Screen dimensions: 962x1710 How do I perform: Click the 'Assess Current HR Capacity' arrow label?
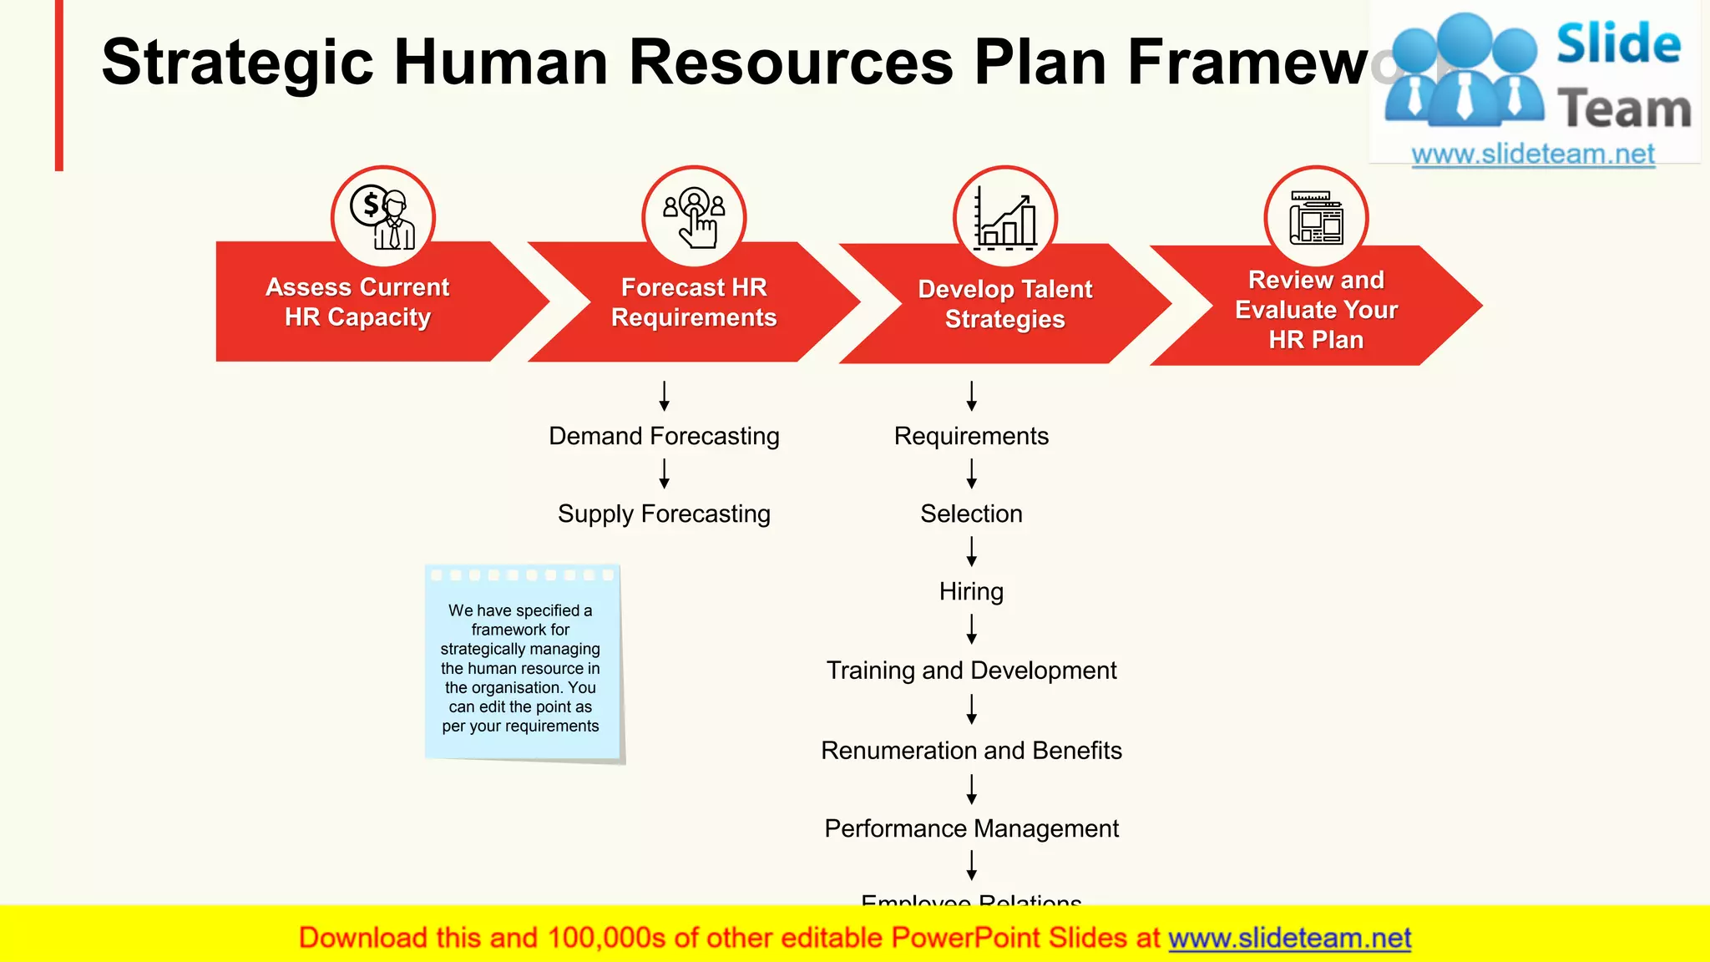(x=357, y=302)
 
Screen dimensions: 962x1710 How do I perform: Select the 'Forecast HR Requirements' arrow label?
(x=694, y=302)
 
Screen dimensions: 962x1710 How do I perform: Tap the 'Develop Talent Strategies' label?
(x=1004, y=304)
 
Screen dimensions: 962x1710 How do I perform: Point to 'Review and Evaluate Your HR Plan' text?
(x=1316, y=310)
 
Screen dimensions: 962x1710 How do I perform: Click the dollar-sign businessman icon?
(x=383, y=218)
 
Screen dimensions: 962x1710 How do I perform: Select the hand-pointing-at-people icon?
(x=694, y=218)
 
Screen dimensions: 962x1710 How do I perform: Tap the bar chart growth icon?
(x=1005, y=218)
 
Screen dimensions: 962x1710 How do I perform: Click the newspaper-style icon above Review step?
(x=1316, y=218)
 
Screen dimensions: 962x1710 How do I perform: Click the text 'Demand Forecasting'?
(x=664, y=436)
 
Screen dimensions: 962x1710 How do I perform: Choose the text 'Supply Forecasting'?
(x=664, y=514)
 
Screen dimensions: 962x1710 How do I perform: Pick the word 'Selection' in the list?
(x=971, y=514)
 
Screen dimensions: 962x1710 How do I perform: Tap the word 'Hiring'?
(x=971, y=591)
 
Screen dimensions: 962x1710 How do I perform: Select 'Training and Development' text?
(x=971, y=671)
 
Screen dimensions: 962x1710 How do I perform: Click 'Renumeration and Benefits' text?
(x=971, y=751)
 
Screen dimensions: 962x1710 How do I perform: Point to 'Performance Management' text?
(x=971, y=828)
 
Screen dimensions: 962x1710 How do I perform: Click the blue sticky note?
(x=523, y=664)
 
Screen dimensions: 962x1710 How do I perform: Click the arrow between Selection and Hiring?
(x=971, y=552)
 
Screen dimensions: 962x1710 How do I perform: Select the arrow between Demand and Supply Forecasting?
(x=664, y=474)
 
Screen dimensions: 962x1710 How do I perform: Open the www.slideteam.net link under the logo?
(x=1532, y=154)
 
